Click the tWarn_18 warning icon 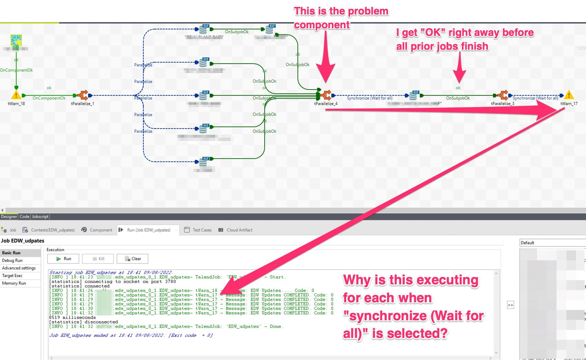pos(16,95)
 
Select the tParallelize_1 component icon pos(83,95)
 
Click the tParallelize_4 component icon pos(325,95)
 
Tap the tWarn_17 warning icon pos(569,95)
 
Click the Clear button pos(133,259)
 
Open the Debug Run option pos(12,260)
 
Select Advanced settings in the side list pos(19,268)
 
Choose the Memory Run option pos(14,283)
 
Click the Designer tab pos(9,217)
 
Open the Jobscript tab pos(40,217)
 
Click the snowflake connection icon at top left pos(16,40)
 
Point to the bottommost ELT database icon pos(203,161)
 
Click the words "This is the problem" pos(341,11)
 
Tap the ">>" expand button pos(510,305)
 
